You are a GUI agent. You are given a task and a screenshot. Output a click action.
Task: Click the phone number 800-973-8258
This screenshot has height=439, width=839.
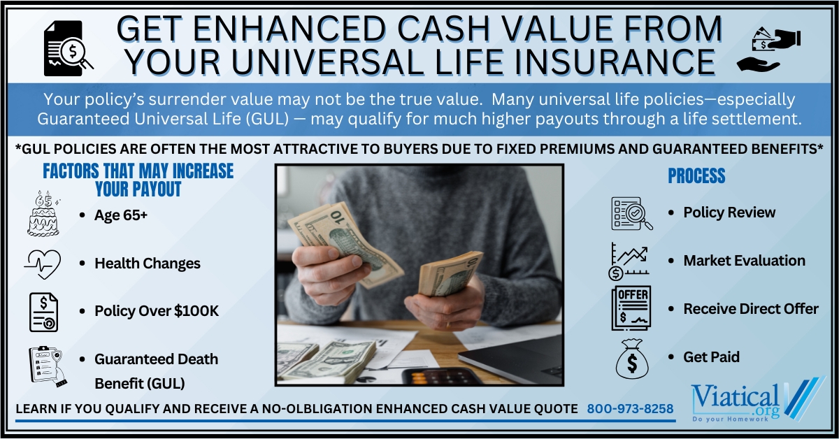pos(630,409)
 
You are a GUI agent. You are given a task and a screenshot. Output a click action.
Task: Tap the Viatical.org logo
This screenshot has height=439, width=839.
pos(757,400)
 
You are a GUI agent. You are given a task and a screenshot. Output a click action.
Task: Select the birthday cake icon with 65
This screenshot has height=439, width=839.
pos(43,213)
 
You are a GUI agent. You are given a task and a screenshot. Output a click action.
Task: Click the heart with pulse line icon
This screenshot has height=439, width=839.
pos(43,264)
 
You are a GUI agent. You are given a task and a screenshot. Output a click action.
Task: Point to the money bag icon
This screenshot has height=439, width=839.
pos(632,359)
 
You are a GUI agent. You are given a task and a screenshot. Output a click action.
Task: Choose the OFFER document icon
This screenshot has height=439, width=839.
pos(631,308)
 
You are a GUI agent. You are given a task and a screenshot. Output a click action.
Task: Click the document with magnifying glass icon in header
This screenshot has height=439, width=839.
pos(68,48)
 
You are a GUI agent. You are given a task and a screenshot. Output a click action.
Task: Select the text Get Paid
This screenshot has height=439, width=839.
pos(711,357)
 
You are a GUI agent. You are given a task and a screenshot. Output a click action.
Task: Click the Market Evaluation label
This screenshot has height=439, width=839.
pos(744,261)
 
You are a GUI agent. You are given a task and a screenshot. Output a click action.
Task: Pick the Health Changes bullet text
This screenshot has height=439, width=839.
pos(148,264)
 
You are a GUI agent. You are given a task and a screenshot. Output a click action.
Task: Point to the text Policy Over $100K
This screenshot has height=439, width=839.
pos(157,311)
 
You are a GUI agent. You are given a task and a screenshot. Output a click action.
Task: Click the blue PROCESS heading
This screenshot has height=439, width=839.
pos(696,175)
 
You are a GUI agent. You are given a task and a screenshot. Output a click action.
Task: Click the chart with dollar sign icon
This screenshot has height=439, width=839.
pos(629,261)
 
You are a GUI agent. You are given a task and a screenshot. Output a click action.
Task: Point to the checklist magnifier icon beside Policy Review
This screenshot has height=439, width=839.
pos(632,213)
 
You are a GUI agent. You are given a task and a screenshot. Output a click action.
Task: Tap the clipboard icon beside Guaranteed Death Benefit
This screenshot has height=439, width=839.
pos(48,366)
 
